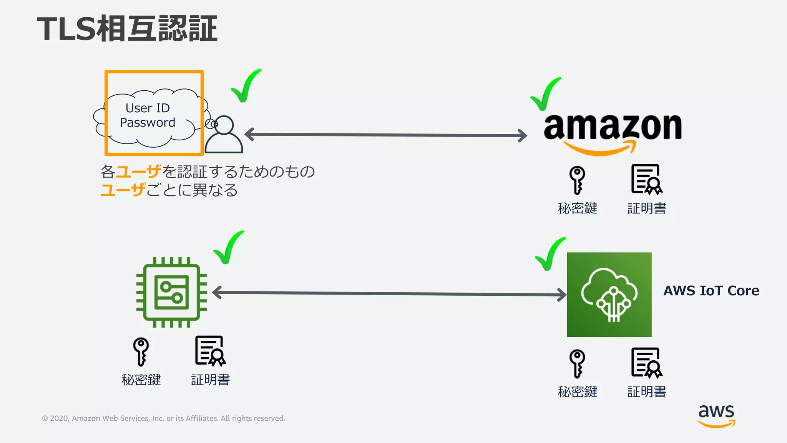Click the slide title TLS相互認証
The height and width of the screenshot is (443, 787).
[127, 28]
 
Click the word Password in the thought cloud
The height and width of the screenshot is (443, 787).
[148, 123]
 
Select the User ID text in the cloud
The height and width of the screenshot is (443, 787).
[148, 108]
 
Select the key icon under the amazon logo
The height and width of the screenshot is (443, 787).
[577, 180]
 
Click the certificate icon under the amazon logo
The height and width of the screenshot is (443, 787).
[647, 179]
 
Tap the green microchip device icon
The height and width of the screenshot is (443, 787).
[171, 292]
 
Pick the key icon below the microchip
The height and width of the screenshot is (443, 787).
[141, 351]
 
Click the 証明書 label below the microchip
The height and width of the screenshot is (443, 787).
[210, 380]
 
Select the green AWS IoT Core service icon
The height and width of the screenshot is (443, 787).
[609, 295]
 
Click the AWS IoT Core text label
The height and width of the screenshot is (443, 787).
[711, 291]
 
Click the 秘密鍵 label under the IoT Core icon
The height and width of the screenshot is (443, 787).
[577, 392]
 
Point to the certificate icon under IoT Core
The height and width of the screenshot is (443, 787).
[647, 363]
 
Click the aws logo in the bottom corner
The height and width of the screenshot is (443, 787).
[716, 415]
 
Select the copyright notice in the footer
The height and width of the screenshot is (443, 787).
[163, 418]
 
